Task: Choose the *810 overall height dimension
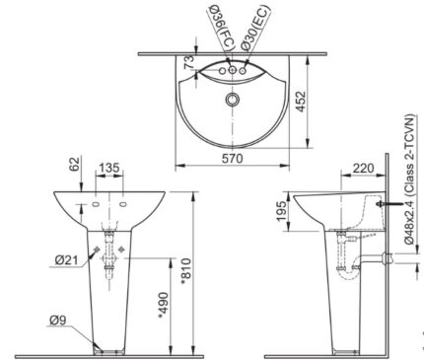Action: click(x=190, y=267)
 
